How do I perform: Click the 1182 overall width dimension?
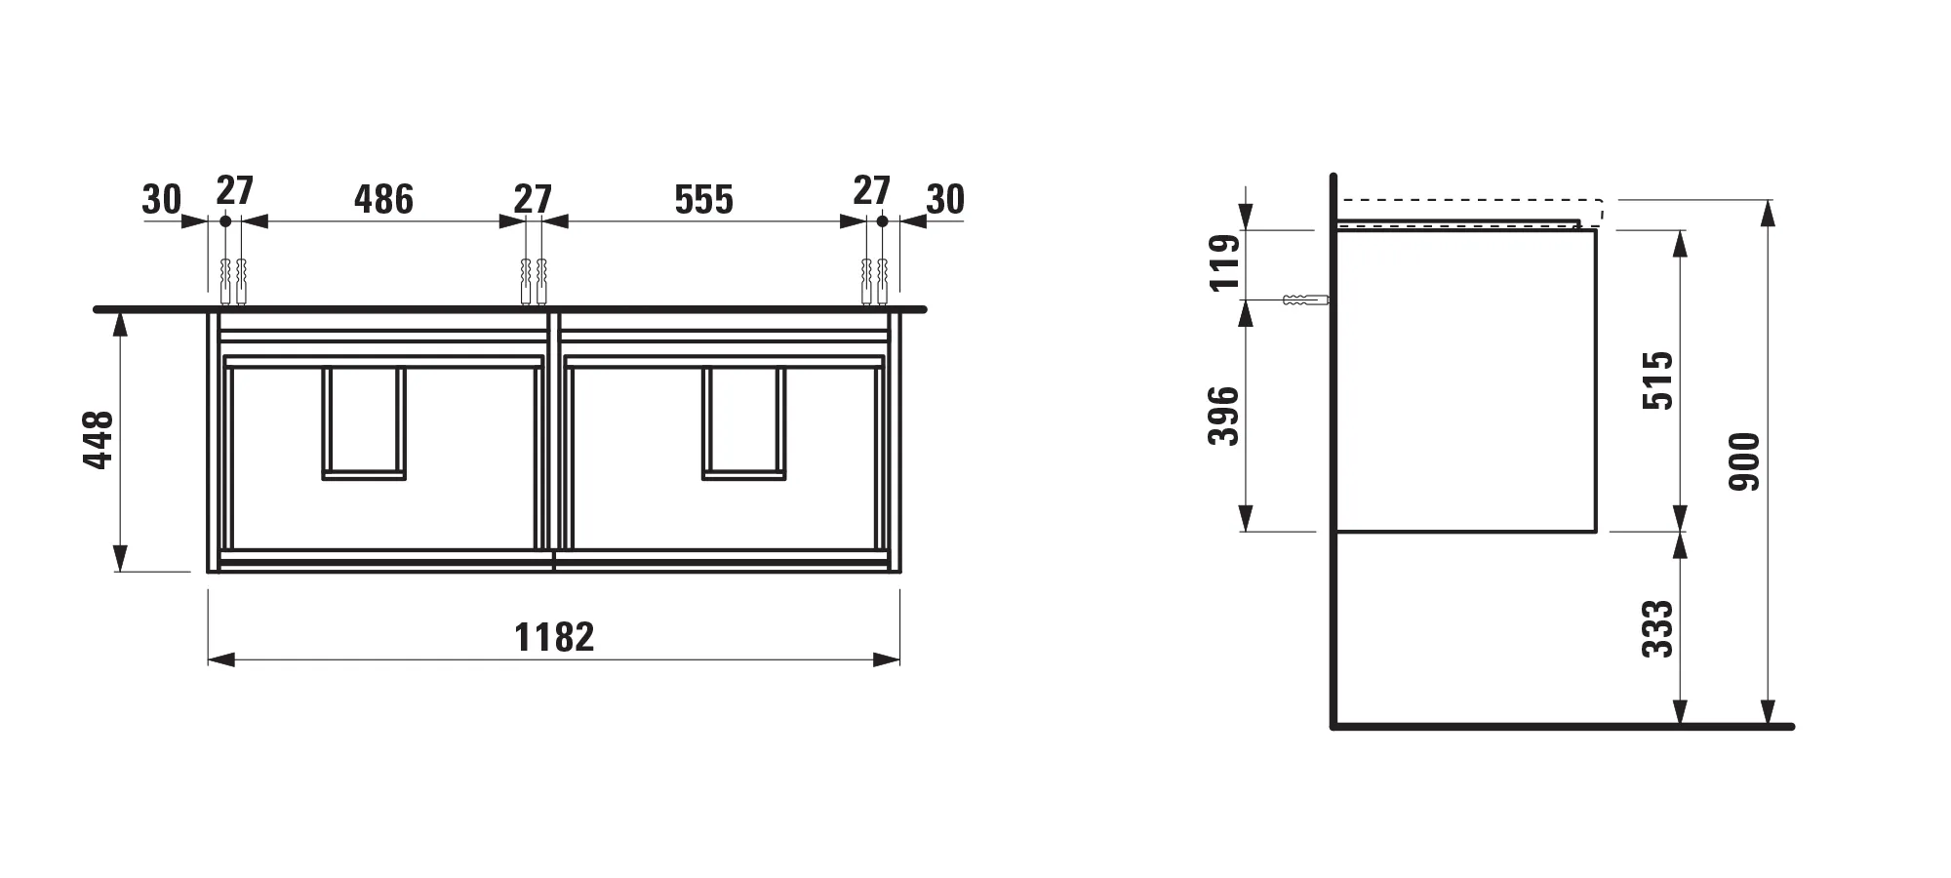click(554, 637)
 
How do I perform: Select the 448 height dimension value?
click(100, 440)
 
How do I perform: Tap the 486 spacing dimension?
click(383, 199)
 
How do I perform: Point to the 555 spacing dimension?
click(703, 199)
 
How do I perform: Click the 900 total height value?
click(1744, 461)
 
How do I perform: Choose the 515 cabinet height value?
click(1657, 380)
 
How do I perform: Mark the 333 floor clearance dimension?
click(1657, 629)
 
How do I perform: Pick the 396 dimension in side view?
click(1223, 417)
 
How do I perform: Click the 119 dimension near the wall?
click(1223, 262)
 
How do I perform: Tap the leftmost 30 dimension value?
click(162, 199)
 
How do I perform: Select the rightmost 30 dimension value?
click(944, 199)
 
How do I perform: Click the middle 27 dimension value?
click(533, 199)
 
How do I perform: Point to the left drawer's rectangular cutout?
click(364, 423)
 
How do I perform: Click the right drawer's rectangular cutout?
click(743, 423)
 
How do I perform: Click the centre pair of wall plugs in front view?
click(534, 280)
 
